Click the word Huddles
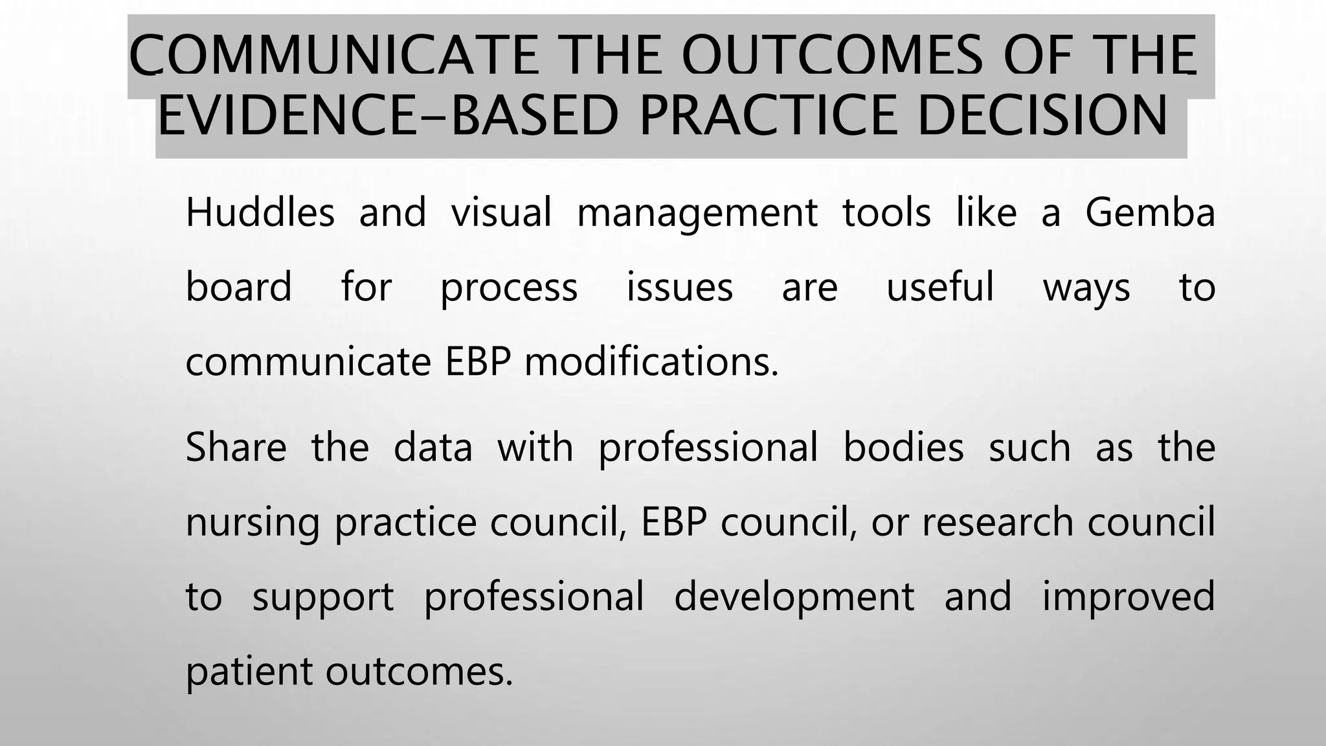(260, 212)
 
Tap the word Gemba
(1150, 212)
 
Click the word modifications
(651, 361)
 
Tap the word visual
(501, 212)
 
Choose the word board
(238, 287)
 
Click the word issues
(680, 287)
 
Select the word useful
(939, 287)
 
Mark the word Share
(236, 447)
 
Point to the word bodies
(903, 447)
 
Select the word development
(794, 597)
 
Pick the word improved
(1128, 597)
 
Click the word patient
(249, 672)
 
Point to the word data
(433, 447)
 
